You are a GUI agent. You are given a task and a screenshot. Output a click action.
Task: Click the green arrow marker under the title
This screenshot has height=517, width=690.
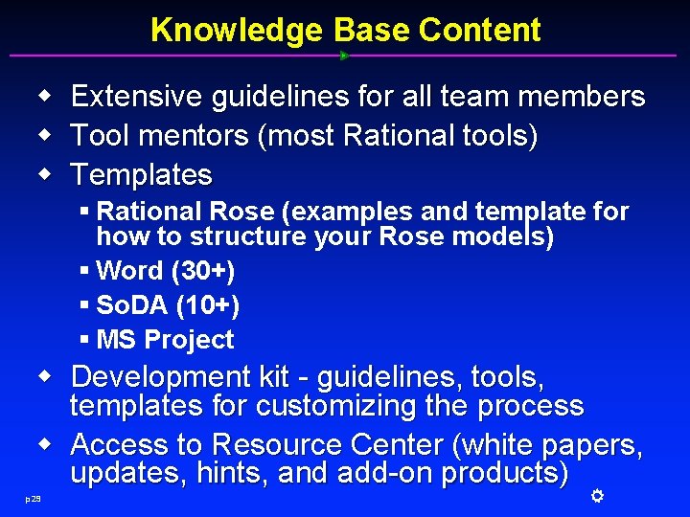point(344,56)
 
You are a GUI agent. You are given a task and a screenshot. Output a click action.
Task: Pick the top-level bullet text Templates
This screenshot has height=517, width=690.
point(141,175)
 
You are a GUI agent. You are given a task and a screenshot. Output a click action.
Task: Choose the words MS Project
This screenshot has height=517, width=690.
point(165,340)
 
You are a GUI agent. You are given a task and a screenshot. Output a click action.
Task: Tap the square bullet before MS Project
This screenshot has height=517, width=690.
point(85,340)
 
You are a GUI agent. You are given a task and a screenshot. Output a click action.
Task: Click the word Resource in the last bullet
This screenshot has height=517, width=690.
point(278,445)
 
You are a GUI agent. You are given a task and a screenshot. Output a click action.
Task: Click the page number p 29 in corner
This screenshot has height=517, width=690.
point(34,498)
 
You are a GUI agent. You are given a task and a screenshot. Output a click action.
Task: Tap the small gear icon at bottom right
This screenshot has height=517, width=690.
point(595,495)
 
